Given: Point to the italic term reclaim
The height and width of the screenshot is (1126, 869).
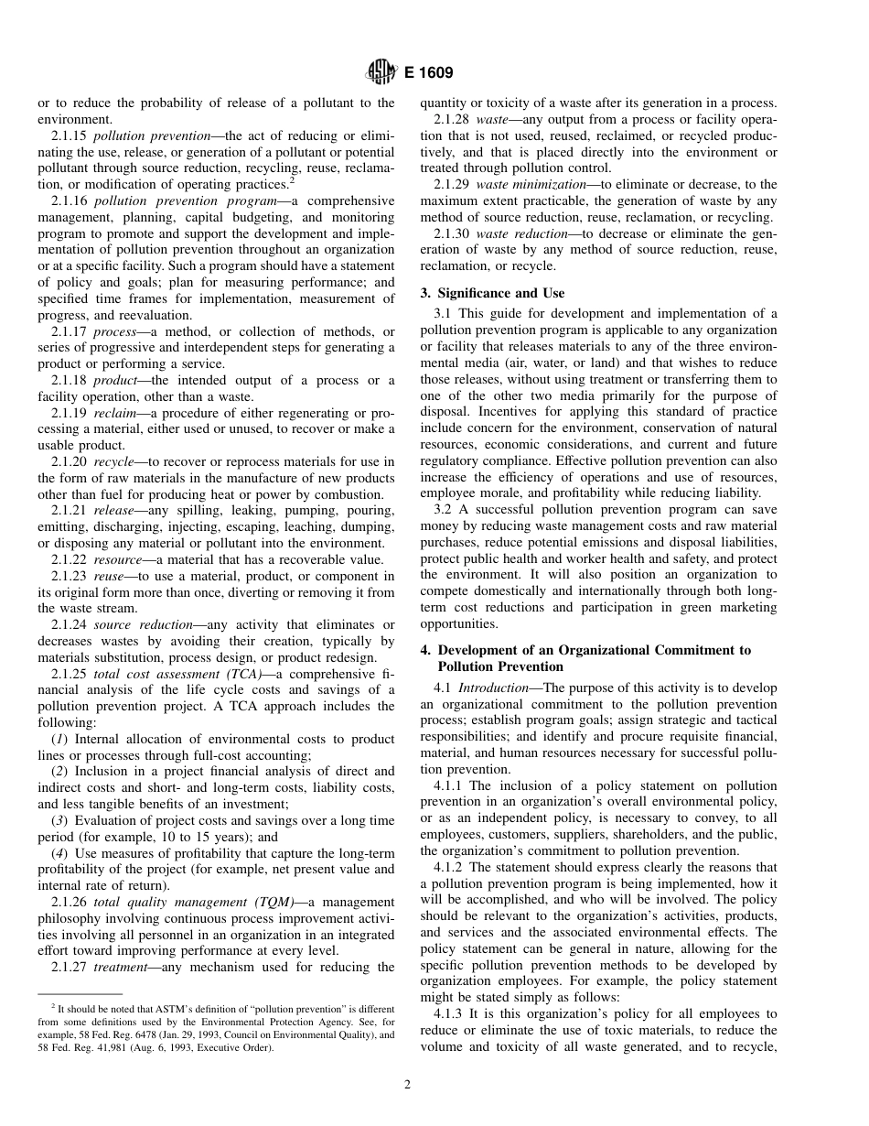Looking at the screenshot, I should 116,413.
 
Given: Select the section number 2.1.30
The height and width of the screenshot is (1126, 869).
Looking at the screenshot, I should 453,233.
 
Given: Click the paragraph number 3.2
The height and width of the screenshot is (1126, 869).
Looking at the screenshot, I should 443,509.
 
